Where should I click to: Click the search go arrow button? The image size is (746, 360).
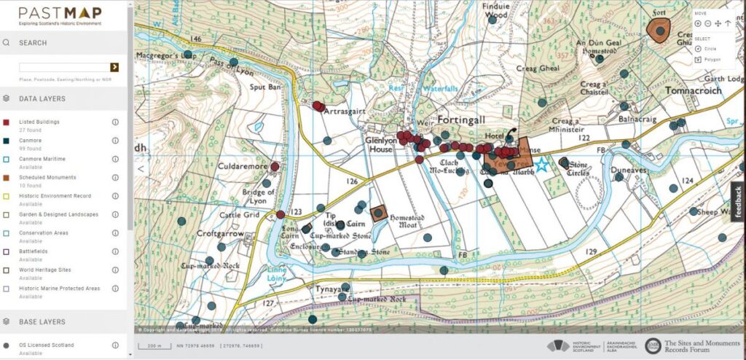coord(114,67)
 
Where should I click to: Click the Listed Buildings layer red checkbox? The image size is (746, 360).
coord(6,122)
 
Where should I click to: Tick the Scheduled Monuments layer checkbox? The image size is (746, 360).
coord(6,177)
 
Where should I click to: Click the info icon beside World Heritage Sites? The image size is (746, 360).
coord(115,270)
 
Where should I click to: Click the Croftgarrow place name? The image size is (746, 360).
coord(219,234)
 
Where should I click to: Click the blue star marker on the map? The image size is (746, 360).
coord(541,165)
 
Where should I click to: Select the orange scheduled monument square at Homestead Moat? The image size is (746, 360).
coord(378,213)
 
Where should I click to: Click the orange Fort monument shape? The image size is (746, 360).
coord(659,31)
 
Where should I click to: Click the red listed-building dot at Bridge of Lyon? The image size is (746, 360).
coord(280,214)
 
